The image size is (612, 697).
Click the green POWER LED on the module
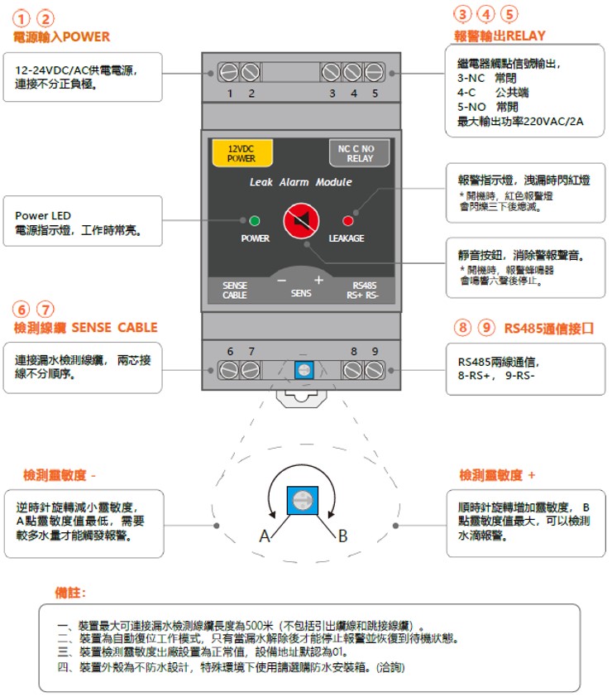click(255, 220)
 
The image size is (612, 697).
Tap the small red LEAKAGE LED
click(347, 221)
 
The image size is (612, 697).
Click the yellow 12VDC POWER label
click(242, 153)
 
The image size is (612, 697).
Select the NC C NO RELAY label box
click(359, 153)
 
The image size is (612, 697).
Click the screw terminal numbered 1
click(229, 72)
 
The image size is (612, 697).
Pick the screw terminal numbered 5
click(374, 72)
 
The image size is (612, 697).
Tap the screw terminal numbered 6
click(229, 370)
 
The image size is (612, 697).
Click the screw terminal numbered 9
click(374, 370)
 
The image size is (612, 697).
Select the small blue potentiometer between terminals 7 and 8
click(304, 370)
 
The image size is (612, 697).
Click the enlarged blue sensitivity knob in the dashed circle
click(303, 501)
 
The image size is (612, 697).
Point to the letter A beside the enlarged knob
click(265, 536)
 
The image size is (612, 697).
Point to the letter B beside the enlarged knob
click(342, 536)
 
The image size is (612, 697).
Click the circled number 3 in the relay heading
click(462, 14)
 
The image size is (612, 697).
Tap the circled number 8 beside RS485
click(462, 328)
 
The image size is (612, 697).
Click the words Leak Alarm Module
click(301, 182)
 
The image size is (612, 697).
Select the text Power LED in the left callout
click(43, 215)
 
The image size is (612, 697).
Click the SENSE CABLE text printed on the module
click(235, 291)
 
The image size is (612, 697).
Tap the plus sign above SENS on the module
click(318, 280)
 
